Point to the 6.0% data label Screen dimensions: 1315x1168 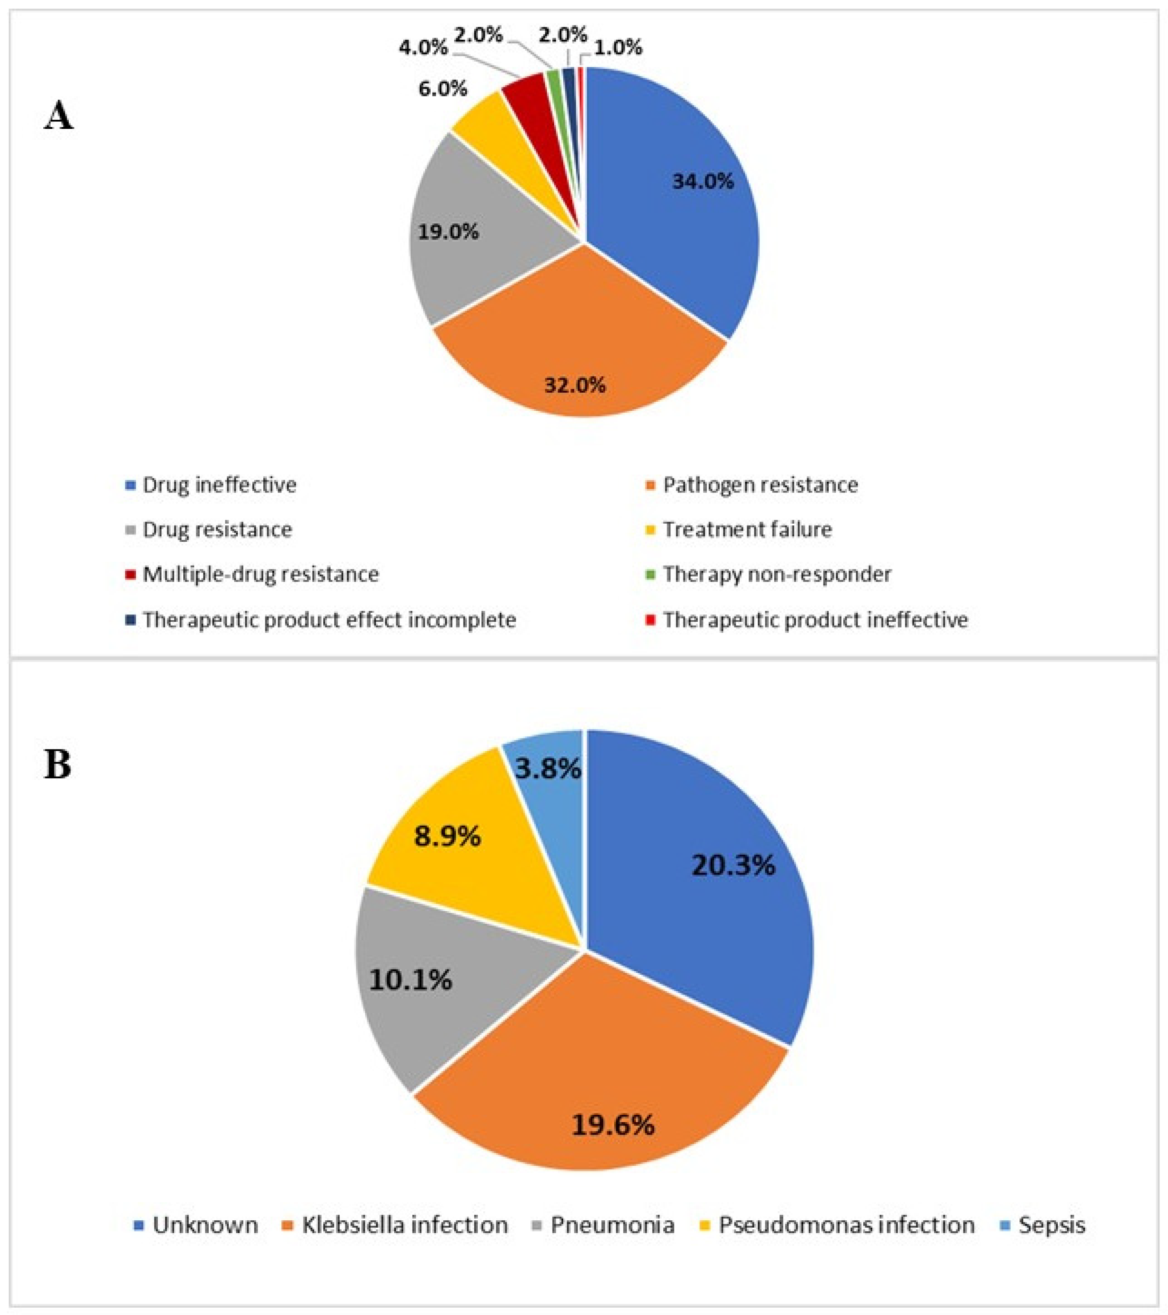(443, 89)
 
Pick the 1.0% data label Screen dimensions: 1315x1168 (617, 48)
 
